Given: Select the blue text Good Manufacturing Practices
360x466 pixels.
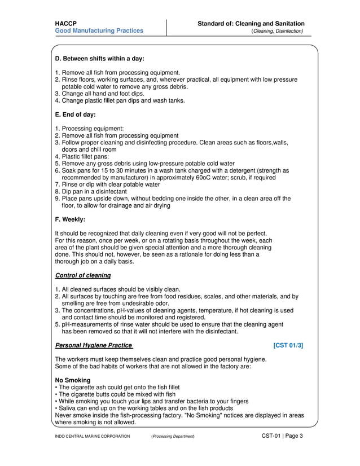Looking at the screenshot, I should pyautogui.click(x=99, y=31).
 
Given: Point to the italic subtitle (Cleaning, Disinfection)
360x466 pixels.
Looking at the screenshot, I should pyautogui.click(x=277, y=31).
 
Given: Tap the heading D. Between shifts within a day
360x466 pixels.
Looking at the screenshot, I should pyautogui.click(x=99, y=59).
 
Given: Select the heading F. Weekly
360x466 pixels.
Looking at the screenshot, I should pyautogui.click(x=70, y=220).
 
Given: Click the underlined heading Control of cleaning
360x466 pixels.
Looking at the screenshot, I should pyautogui.click(x=82, y=275).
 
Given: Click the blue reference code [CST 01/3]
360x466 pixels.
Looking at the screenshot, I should pyautogui.click(x=288, y=345).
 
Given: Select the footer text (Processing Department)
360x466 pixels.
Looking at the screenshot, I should pyautogui.click(x=173, y=437).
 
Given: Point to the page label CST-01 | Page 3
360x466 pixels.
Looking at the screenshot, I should pyautogui.click(x=282, y=436).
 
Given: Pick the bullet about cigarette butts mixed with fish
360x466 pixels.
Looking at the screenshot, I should pyautogui.click(x=116, y=394).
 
